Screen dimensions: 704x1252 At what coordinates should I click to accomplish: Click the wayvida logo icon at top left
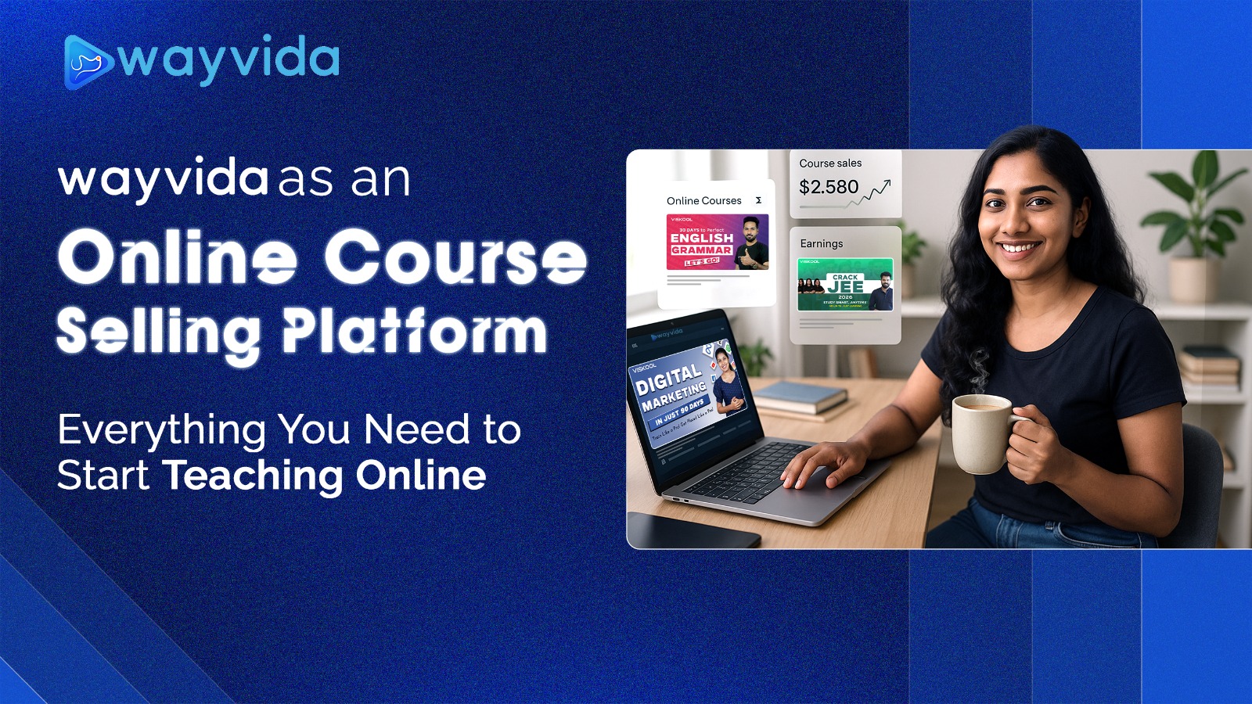[88, 62]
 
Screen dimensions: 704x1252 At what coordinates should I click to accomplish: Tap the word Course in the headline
[455, 257]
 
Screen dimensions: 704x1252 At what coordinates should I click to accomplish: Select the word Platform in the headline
[414, 332]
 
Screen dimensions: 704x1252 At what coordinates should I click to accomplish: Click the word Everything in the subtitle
[161, 431]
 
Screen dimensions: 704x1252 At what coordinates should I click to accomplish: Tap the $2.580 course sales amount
[828, 187]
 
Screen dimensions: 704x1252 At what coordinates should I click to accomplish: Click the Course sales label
[830, 163]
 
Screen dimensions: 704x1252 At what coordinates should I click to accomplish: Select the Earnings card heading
[821, 243]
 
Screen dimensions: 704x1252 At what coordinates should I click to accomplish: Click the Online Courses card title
[703, 201]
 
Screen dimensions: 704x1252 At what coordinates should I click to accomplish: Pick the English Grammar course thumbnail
[717, 242]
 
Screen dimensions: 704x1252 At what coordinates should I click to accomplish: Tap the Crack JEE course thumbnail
[844, 285]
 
